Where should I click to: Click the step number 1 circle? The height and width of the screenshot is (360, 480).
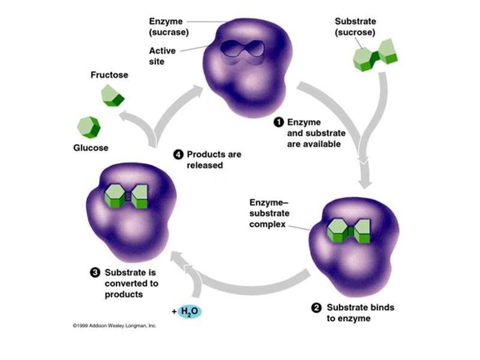pos(278,122)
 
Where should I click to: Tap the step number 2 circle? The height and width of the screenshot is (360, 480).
pos(317,308)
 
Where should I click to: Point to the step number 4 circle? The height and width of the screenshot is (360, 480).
pos(178,154)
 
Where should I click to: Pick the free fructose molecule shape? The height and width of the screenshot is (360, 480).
pos(112,95)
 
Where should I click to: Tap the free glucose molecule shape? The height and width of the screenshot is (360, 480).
pos(88,128)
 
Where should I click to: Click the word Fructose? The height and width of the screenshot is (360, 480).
pos(109,75)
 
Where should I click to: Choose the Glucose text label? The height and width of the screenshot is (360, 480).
pos(91,148)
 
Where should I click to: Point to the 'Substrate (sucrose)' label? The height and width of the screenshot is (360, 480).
pos(355,27)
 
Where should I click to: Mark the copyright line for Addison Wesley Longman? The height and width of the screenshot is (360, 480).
pos(114,326)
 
